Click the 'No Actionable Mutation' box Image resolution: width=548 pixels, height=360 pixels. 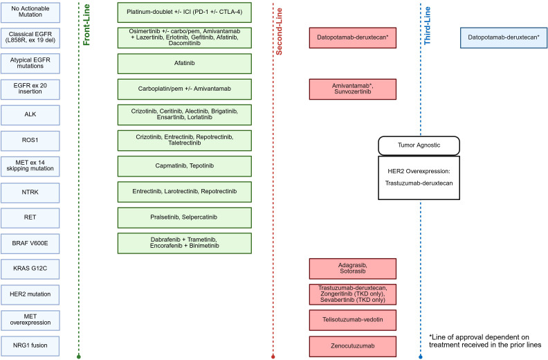[30, 12]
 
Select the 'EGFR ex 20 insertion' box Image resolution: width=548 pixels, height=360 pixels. [30, 89]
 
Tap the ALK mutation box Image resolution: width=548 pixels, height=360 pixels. [30, 115]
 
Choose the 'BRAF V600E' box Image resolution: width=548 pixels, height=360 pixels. [30, 243]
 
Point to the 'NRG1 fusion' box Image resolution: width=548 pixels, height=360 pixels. [30, 345]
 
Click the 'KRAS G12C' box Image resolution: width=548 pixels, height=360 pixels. [30, 269]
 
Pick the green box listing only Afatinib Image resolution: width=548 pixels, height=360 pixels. [185, 63]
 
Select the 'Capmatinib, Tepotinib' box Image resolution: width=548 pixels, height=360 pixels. [185, 166]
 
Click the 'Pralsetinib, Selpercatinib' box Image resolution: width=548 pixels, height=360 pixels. [185, 217]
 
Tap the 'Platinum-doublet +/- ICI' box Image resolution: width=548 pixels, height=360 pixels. [185, 12]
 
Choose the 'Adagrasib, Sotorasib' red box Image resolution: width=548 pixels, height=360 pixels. [353, 269]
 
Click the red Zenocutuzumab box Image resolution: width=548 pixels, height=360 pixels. [353, 346]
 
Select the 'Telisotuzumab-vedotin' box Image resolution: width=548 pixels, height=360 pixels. [353, 320]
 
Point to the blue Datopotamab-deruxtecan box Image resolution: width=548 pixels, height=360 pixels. [504, 37]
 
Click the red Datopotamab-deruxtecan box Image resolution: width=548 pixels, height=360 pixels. [353, 37]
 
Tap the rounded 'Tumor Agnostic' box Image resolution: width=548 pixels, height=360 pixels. [419, 145]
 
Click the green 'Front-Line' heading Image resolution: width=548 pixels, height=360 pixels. [86, 25]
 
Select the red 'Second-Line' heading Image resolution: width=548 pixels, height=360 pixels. [279, 31]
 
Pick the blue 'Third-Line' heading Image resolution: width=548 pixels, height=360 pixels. [427, 26]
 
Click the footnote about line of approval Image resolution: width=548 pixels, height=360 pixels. [485, 341]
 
